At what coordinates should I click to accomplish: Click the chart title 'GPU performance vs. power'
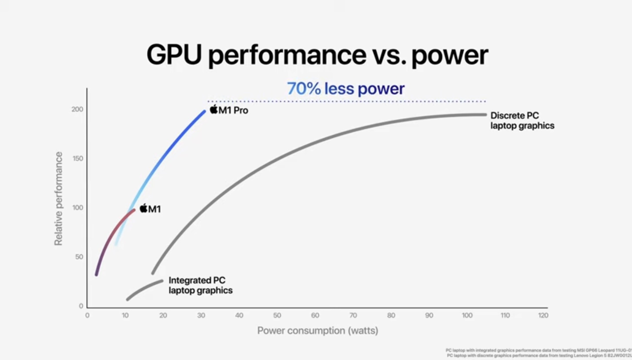[x=317, y=55]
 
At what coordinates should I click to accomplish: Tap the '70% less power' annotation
[x=346, y=89]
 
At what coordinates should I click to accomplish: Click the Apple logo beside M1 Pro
[x=214, y=109]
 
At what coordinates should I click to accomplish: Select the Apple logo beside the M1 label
[x=144, y=208]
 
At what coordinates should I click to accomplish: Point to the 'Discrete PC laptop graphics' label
[x=522, y=120]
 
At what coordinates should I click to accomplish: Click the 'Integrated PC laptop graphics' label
[x=200, y=285]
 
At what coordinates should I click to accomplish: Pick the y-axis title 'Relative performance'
[x=58, y=198]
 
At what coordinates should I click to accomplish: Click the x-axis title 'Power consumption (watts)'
[x=318, y=330]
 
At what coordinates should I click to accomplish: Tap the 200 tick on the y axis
[x=77, y=110]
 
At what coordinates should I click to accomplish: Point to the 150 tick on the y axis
[x=77, y=159]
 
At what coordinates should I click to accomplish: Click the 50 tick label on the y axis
[x=79, y=257]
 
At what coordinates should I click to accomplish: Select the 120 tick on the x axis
[x=543, y=315]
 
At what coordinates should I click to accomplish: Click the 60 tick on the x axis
[x=315, y=315]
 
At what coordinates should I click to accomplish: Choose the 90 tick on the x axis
[x=429, y=315]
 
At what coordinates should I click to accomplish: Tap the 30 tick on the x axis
[x=201, y=315]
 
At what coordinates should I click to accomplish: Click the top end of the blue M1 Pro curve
[x=204, y=111]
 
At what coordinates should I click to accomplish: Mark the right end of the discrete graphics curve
[x=485, y=114]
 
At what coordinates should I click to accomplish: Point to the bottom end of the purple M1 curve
[x=96, y=274]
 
